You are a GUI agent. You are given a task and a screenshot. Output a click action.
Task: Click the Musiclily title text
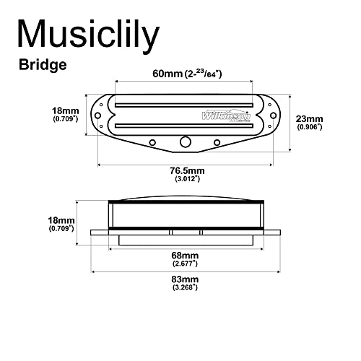88,35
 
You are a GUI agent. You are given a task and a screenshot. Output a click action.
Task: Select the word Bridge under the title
43,65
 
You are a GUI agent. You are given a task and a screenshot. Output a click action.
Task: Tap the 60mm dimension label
168,74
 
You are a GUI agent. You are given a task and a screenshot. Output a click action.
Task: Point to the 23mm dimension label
309,119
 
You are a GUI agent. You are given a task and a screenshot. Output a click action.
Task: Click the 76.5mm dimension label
187,170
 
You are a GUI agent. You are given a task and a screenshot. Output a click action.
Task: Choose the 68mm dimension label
185,256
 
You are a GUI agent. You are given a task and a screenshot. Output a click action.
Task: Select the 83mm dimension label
185,279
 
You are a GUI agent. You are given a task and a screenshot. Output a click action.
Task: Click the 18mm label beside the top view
66,111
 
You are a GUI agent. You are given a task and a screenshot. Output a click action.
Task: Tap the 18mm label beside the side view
61,220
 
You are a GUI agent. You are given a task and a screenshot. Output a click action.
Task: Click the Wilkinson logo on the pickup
226,116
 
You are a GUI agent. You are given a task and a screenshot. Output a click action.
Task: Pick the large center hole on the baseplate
186,142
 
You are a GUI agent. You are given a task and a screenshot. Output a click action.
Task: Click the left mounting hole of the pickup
97,116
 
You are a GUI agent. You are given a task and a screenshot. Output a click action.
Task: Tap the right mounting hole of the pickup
274,116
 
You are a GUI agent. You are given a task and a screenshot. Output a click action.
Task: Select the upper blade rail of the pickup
184,105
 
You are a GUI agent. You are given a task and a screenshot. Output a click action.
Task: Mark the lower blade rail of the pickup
184,126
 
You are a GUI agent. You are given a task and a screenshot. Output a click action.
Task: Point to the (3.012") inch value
188,179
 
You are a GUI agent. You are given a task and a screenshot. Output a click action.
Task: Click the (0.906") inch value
310,127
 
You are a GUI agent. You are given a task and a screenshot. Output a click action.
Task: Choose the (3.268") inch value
185,287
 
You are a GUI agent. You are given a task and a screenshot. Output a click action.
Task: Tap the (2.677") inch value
185,264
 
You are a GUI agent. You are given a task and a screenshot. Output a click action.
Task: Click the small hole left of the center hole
152,142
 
